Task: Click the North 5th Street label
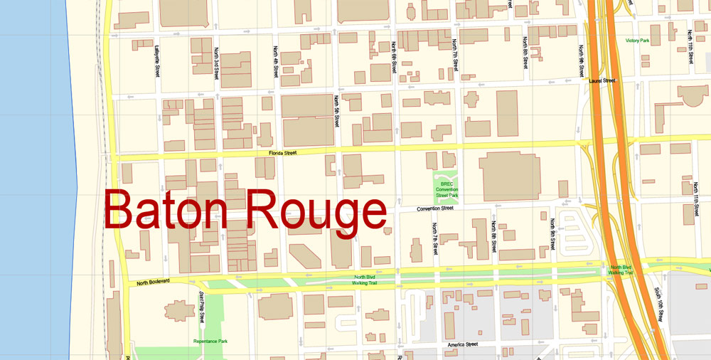[x=335, y=112]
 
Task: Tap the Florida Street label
[x=282, y=152]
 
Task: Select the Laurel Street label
[x=602, y=81]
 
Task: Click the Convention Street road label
[x=434, y=208]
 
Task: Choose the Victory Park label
[x=637, y=41]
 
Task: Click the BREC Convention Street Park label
[x=447, y=189]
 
